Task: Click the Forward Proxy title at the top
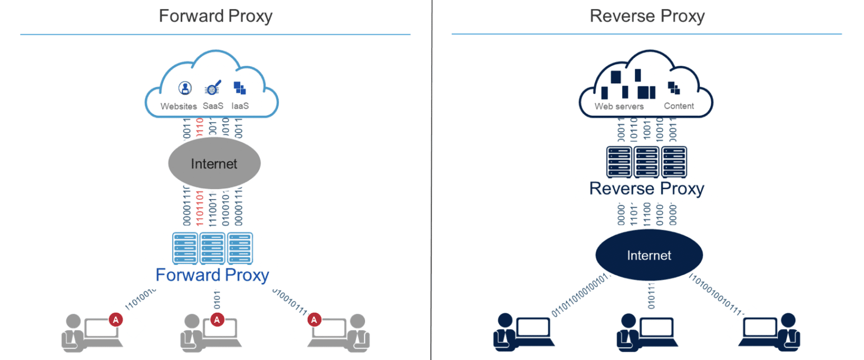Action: point(215,16)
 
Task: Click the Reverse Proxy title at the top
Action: point(647,16)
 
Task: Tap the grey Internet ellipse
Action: point(214,164)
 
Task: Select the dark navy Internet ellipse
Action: point(649,255)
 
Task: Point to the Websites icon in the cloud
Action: point(184,88)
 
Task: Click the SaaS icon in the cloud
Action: point(213,88)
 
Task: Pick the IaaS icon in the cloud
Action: point(240,88)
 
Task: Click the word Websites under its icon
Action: point(179,106)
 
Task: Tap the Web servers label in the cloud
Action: point(619,106)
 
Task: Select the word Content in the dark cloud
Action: point(679,106)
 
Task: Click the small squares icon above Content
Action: point(673,88)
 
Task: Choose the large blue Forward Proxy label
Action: point(212,275)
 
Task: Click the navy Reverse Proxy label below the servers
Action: point(646,188)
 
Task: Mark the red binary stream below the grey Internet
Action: point(200,208)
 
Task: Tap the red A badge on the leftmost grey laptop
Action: point(116,319)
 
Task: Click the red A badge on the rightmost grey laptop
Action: point(315,319)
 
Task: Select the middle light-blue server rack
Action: point(213,247)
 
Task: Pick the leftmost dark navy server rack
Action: point(619,161)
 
